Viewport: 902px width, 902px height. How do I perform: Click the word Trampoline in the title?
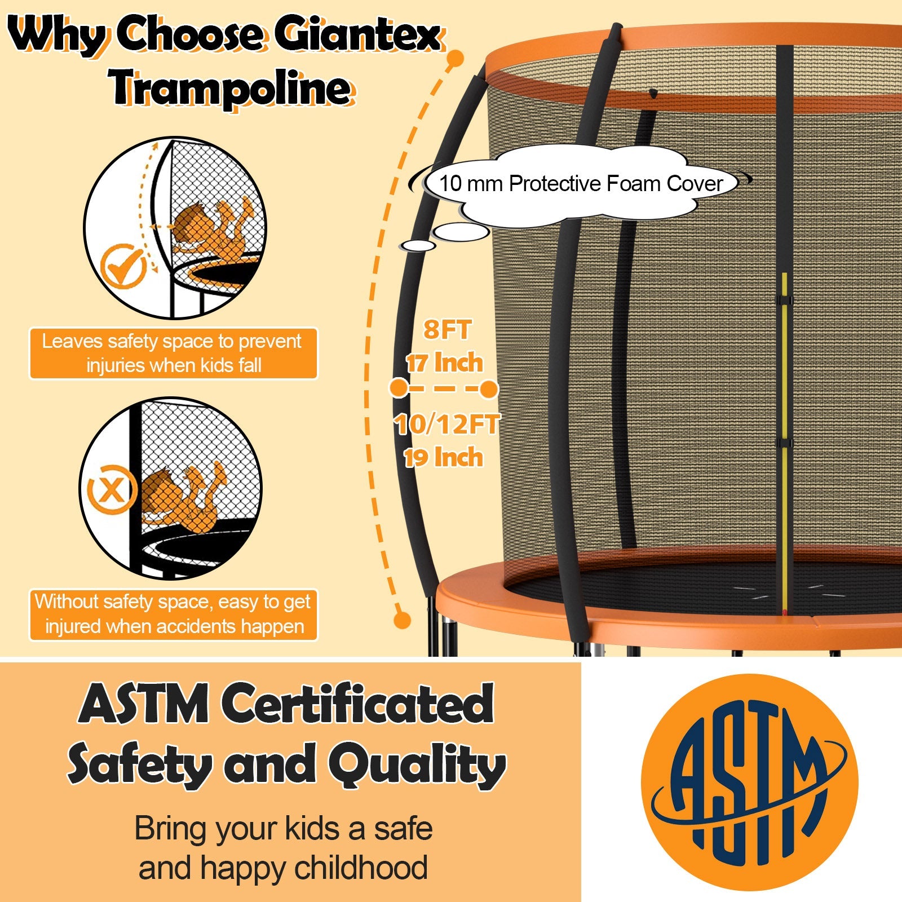click(231, 89)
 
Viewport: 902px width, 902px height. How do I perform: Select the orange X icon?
click(110, 489)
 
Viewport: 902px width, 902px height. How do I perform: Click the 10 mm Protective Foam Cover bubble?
click(581, 184)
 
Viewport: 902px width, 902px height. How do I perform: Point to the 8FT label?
click(447, 330)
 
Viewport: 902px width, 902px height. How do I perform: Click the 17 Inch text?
click(445, 362)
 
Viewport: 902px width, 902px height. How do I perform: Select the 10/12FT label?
click(447, 424)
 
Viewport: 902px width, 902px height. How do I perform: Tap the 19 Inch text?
click(444, 457)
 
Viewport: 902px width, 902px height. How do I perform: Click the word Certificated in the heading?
click(357, 704)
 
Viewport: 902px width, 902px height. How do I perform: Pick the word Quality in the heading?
click(417, 766)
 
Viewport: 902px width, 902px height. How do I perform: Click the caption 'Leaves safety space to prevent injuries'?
click(174, 353)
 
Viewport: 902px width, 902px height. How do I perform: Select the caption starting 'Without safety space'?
click(174, 614)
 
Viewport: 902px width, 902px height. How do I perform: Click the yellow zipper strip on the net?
click(784, 440)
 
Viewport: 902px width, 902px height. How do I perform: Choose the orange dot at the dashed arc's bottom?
click(401, 620)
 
